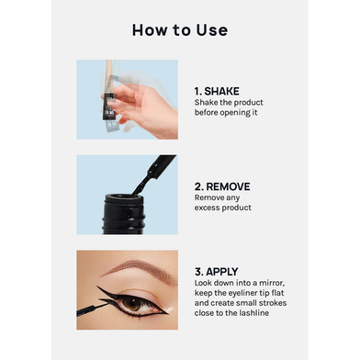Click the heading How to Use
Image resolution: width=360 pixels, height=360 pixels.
point(180,30)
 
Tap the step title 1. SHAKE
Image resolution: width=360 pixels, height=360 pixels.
point(217,91)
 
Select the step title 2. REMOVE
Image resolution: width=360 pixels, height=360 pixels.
point(222,186)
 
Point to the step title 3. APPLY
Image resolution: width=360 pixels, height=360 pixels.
point(216,272)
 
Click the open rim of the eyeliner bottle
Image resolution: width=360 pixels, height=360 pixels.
point(124,197)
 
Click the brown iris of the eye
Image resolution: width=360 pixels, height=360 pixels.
point(132,304)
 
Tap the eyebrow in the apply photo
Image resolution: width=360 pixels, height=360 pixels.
point(141,268)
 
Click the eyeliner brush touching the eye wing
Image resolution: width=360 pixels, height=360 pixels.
point(92,309)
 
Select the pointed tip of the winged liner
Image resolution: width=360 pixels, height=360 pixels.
point(97,287)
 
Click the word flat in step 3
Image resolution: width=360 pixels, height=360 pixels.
point(277,293)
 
